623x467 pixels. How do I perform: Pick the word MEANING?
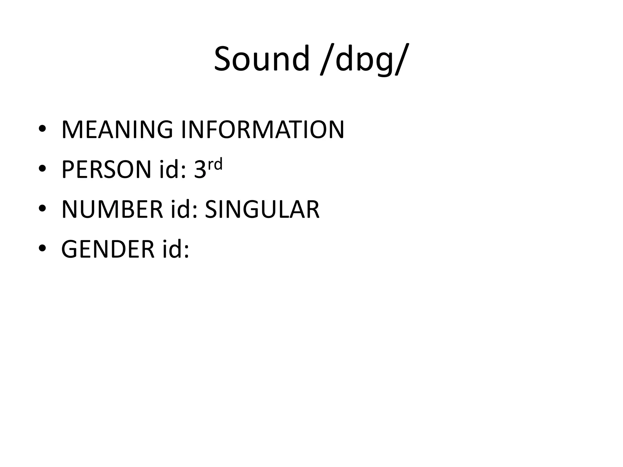[x=117, y=130]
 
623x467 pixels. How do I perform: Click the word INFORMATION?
[x=263, y=130]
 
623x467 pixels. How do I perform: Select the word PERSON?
[x=106, y=170]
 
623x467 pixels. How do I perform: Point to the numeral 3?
[x=200, y=170]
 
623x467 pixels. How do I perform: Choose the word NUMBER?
[x=112, y=209]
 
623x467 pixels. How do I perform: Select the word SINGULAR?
[x=262, y=209]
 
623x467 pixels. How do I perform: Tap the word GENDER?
[x=108, y=250]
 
